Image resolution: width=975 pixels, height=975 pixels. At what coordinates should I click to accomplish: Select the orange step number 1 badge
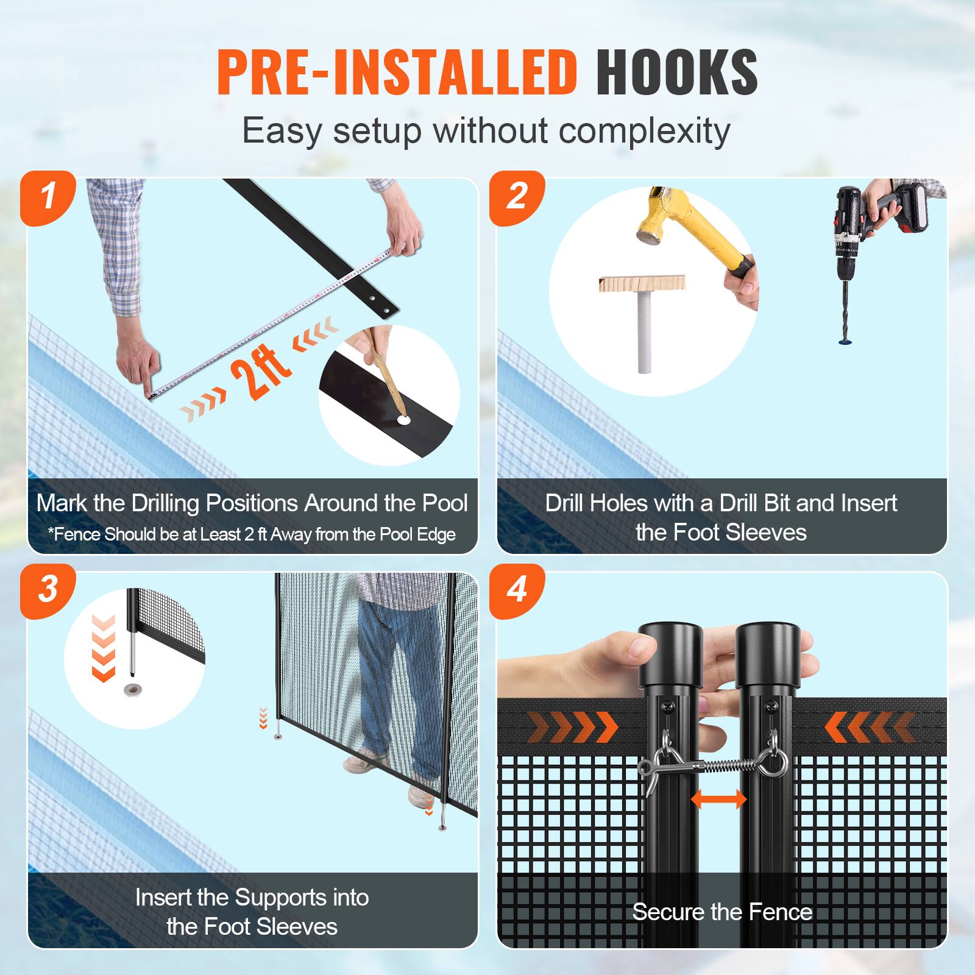click(48, 197)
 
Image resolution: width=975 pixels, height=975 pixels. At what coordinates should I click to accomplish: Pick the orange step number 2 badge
click(517, 197)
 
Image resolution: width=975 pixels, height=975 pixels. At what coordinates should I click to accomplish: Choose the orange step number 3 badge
click(48, 590)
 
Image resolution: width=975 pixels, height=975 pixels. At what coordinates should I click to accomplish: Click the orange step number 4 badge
click(517, 590)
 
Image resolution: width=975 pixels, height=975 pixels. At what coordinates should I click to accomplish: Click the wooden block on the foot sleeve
click(642, 283)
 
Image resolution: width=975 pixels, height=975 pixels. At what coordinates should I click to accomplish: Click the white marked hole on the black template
click(403, 420)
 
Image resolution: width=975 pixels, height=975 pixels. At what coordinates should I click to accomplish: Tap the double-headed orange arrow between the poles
click(719, 798)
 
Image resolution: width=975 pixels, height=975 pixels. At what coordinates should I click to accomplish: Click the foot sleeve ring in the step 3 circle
click(131, 689)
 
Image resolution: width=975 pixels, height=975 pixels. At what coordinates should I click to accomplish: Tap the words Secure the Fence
click(722, 912)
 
